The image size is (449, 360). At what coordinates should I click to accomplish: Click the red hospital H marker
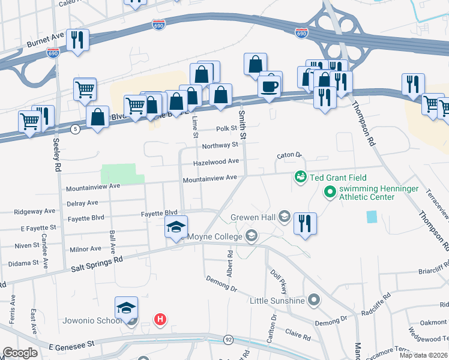pyautogui.click(x=160, y=320)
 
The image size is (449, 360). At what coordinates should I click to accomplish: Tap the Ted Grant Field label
pyautogui.click(x=338, y=178)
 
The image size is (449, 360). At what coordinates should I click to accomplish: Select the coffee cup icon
pyautogui.click(x=269, y=86)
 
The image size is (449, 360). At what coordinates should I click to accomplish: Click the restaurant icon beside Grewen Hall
pyautogui.click(x=305, y=224)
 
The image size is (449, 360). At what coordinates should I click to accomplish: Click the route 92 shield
pyautogui.click(x=228, y=340)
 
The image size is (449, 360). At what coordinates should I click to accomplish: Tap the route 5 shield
pyautogui.click(x=74, y=129)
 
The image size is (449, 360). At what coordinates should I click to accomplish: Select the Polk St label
pyautogui.click(x=227, y=129)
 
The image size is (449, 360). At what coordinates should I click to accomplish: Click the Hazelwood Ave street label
pyautogui.click(x=216, y=162)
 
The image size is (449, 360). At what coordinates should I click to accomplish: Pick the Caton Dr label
pyautogui.click(x=288, y=155)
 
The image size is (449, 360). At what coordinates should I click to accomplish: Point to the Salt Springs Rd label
pyautogui.click(x=97, y=262)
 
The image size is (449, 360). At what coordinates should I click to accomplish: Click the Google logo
pyautogui.click(x=20, y=353)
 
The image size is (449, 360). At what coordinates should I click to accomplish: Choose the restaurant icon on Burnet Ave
pyautogui.click(x=77, y=40)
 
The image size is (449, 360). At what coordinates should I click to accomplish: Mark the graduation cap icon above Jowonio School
pyautogui.click(x=126, y=308)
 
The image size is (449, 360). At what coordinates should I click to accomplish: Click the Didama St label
pyautogui.click(x=23, y=263)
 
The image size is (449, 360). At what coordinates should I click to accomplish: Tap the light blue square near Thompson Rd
pyautogui.click(x=372, y=217)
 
